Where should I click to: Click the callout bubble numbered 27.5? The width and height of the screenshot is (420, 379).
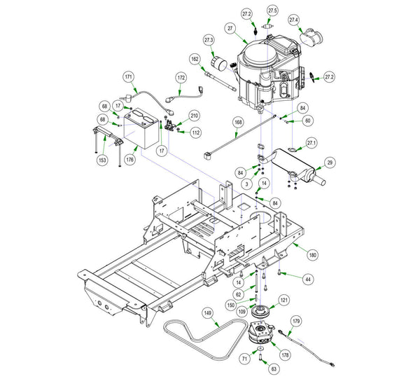[x=272, y=11]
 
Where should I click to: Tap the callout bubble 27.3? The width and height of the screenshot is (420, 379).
[x=209, y=41]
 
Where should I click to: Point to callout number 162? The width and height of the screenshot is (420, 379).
[x=195, y=60]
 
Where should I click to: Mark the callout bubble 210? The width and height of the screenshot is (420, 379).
[x=194, y=116]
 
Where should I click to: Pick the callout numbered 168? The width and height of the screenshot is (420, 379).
[x=238, y=123]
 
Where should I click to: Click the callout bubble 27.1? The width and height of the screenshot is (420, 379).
[x=312, y=142]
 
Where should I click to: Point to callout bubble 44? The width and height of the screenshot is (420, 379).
[x=308, y=279]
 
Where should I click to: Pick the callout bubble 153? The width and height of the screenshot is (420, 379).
[x=102, y=160]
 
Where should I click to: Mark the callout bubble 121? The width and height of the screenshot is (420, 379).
[x=283, y=299]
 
